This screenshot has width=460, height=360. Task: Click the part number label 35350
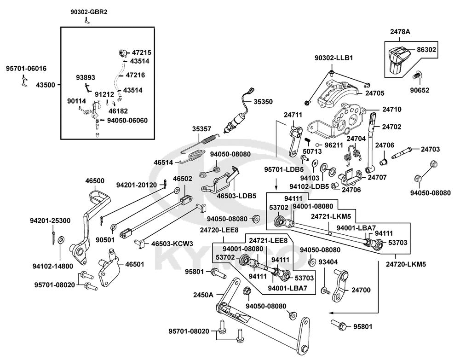coord(263,102)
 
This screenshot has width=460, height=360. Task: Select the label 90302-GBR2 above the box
coord(85,12)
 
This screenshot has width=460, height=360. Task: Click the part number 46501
coord(135,264)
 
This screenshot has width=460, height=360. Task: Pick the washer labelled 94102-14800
coord(62,239)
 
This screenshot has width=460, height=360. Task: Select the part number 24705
coord(374,93)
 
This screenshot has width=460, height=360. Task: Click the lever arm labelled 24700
coord(340,285)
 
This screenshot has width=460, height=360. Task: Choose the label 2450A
coord(203,295)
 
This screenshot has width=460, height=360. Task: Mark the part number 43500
coord(46,85)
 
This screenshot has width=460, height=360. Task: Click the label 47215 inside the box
coord(141,52)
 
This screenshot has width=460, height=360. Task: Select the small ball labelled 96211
coord(318,145)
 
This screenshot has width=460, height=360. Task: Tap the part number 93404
coord(328,262)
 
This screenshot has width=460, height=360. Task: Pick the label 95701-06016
coord(26,69)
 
